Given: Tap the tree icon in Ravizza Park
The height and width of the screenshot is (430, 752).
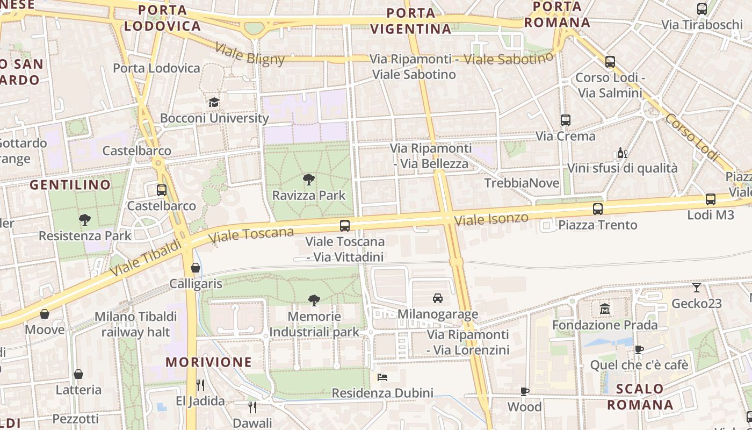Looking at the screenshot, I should click(309, 180).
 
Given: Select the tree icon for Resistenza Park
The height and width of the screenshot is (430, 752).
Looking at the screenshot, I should click(84, 219).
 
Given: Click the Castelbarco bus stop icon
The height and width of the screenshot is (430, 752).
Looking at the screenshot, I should click(162, 190).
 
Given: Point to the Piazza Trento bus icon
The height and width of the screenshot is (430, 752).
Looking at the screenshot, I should click(597, 209).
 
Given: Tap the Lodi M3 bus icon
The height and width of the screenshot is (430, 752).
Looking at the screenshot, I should click(710, 199).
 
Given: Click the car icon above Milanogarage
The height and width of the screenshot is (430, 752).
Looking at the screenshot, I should click(438, 298).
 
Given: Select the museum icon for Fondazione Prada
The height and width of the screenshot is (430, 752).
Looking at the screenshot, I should click(605, 309).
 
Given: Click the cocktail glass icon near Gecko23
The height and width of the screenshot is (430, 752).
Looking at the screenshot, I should click(697, 288).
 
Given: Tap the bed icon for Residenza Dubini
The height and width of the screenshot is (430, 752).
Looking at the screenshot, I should click(382, 377).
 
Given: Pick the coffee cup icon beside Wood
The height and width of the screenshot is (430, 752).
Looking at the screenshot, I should click(525, 391).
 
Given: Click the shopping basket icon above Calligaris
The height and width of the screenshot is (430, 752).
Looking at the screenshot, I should click(196, 268).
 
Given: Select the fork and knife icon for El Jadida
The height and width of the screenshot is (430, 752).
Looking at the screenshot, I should click(200, 385).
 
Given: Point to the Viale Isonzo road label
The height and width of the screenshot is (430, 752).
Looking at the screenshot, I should click(491, 219).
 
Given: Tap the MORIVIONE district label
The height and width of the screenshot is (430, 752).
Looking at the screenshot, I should click(209, 362).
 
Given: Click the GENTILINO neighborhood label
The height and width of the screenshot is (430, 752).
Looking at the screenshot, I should click(70, 185).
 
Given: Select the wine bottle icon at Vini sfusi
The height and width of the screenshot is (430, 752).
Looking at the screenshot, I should click(622, 153).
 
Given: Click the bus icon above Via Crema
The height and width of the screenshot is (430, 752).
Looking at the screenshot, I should click(565, 120).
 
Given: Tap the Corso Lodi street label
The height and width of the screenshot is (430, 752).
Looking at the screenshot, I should click(691, 137).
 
